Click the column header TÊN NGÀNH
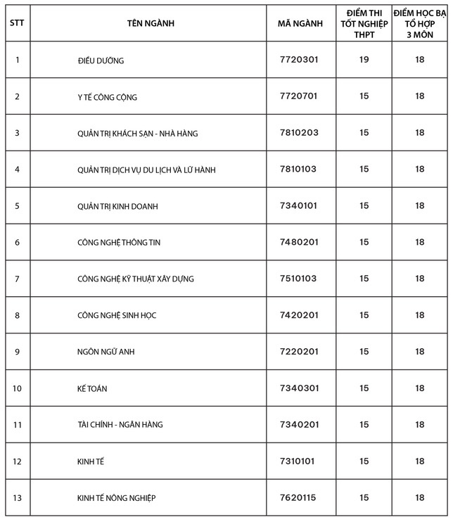coord(151,23)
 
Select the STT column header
coord(17,23)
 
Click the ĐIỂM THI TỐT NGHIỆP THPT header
coord(364,23)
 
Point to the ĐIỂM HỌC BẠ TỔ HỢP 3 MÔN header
coord(420,23)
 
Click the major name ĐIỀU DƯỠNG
coord(101,61)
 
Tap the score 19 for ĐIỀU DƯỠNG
coord(364,60)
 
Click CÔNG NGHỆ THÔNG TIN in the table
coord(119,242)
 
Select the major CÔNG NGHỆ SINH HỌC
coord(117,315)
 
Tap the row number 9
coord(17,352)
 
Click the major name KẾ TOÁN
coord(92,388)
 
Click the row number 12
coord(17,461)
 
